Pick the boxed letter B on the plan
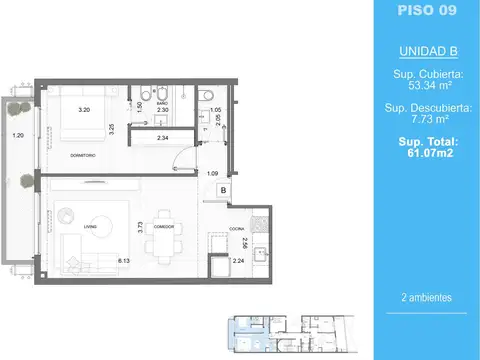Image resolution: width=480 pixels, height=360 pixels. pos(223,189)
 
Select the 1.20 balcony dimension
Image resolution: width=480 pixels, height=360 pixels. pos(17,135)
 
